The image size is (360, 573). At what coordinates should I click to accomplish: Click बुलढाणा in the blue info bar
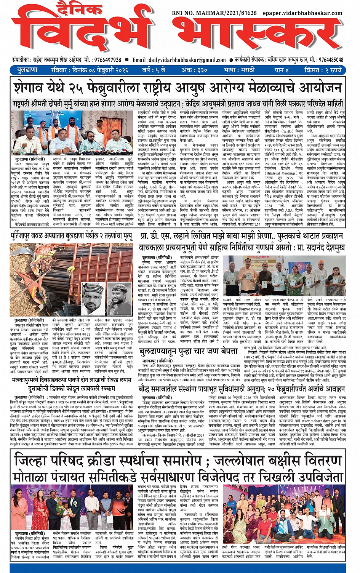pos(27,70)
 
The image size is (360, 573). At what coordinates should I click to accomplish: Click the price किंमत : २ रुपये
pos(323,70)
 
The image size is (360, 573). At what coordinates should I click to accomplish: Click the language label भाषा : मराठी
pos(240,70)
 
